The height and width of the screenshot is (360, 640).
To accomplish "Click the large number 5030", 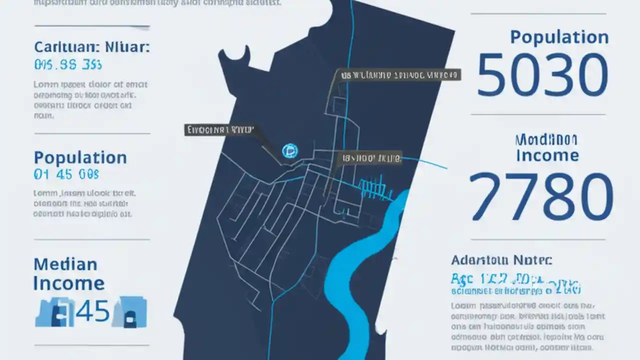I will [542, 75].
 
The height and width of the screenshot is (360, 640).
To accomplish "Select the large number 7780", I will [541, 196].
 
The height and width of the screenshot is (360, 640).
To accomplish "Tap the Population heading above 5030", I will [559, 37].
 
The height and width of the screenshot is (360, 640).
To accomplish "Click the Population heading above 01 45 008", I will [80, 158].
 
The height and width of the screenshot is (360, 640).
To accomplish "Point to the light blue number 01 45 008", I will [66, 174].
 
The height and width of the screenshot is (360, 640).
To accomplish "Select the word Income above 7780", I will [547, 155].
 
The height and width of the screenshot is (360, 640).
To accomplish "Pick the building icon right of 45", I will [129, 312].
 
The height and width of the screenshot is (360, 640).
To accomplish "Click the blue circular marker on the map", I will [290, 150].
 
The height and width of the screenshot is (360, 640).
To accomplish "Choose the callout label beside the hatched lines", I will [370, 159].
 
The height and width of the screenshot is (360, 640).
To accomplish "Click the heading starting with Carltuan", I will [91, 48].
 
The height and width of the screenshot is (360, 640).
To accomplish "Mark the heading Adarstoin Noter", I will [501, 260].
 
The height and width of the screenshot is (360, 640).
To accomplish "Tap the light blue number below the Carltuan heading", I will [67, 64].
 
